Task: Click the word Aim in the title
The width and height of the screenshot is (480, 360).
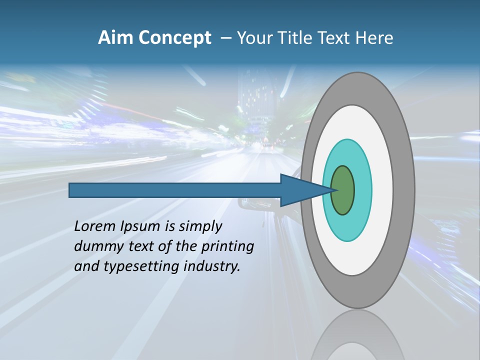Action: pos(116,38)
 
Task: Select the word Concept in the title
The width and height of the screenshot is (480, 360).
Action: pos(174,38)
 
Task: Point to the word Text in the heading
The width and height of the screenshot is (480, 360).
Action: pos(337,38)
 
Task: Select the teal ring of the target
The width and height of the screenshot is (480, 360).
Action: pos(362,190)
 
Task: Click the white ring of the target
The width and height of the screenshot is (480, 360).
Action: pos(382,190)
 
